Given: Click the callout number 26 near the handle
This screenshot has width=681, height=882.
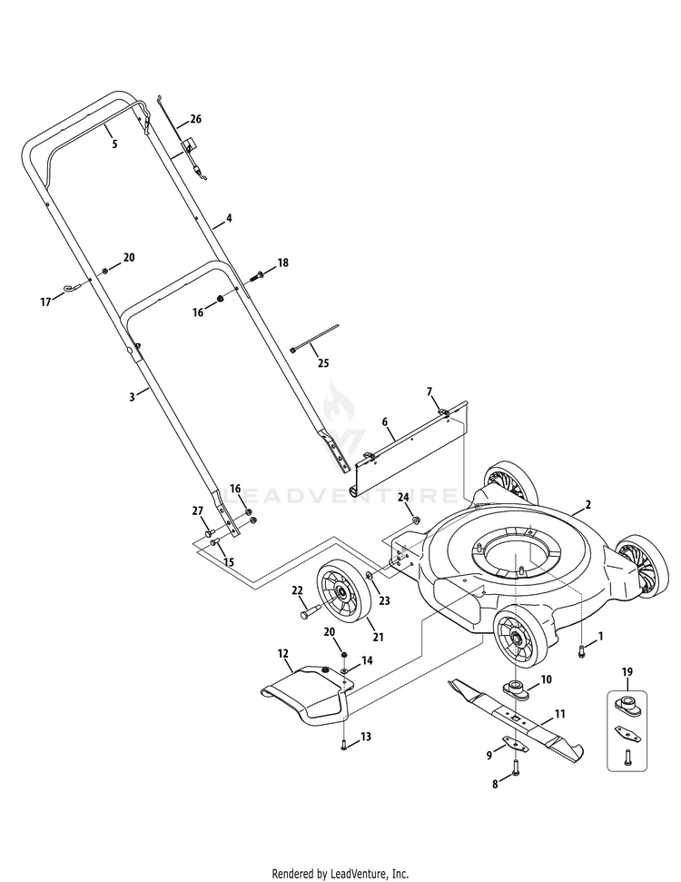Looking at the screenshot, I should point(195,120).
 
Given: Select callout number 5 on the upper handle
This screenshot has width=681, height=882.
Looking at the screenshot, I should point(114,144).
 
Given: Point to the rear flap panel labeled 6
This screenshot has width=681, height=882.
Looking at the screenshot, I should point(409,450).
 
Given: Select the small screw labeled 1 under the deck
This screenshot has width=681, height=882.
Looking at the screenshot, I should point(581,649).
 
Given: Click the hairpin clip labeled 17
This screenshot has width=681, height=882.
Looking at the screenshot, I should point(69,290).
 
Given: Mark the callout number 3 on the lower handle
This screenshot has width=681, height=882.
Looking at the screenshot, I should point(132,396).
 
